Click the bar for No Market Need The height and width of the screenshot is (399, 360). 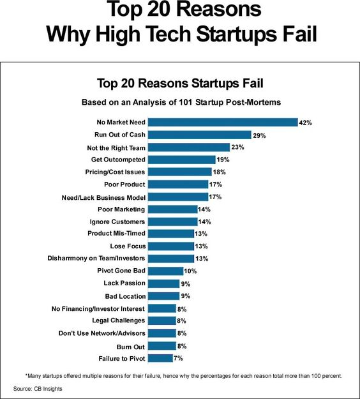(223, 122)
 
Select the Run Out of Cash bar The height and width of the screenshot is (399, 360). (200, 135)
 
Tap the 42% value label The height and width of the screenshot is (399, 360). (305, 123)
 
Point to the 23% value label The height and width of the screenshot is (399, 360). (237, 147)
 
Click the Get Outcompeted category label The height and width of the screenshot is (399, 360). (118, 160)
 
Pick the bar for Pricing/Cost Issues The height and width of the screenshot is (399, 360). (180, 172)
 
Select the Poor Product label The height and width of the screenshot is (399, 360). (124, 184)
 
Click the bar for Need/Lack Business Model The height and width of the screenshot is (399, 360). (178, 197)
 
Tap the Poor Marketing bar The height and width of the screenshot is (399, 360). (173, 209)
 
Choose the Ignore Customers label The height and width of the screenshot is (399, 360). (117, 222)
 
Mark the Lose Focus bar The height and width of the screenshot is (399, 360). (171, 246)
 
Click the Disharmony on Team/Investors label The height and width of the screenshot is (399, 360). (96, 259)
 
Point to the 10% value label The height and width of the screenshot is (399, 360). (190, 271)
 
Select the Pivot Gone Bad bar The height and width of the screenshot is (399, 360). (165, 271)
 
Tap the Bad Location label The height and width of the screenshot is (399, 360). (126, 296)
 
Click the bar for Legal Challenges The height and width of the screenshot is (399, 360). (162, 320)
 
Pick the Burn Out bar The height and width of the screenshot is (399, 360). (162, 346)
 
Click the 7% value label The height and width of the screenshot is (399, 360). (178, 358)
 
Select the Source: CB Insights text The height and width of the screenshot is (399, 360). (38, 389)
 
